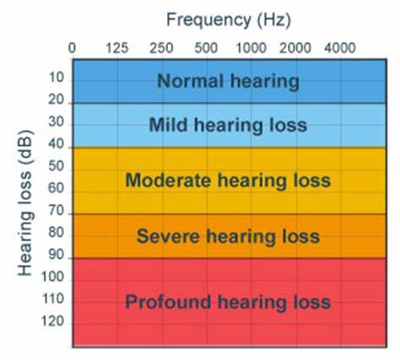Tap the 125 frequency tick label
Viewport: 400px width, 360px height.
coord(116,47)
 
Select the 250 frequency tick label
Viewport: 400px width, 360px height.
coord(162,47)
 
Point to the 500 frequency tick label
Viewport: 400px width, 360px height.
coord(206,47)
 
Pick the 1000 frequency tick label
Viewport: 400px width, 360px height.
coord(251,47)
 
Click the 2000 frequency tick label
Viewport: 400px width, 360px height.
coord(295,47)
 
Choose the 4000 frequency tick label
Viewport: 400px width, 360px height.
coord(340,47)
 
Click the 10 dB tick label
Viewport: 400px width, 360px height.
coord(57,78)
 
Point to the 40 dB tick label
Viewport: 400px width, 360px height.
coord(57,145)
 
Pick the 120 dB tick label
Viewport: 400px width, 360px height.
coord(54,322)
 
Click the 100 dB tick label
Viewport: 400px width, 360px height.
coord(54,277)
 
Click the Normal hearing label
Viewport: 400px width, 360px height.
coord(228,81)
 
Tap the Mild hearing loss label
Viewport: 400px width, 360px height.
coord(227,125)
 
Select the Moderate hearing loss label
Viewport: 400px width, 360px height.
coord(227,180)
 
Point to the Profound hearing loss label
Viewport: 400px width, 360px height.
coord(227,301)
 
